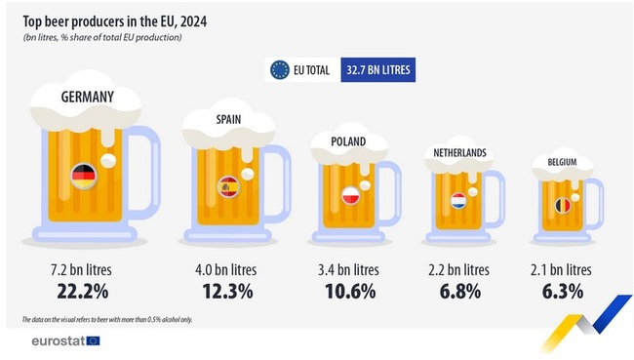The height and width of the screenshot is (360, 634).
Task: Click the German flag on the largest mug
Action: click(83, 176)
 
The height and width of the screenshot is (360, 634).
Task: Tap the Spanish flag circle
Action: click(229, 186)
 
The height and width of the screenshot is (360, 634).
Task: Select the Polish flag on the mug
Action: click(350, 195)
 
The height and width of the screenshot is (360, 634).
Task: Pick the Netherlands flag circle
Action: click(458, 202)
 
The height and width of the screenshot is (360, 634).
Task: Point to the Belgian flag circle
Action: click(562, 206)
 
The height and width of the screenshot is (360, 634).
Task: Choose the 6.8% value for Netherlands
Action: click(458, 291)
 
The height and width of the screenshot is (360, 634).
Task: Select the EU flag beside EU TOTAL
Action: click(279, 69)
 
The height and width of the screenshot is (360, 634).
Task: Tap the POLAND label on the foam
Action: click(347, 141)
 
